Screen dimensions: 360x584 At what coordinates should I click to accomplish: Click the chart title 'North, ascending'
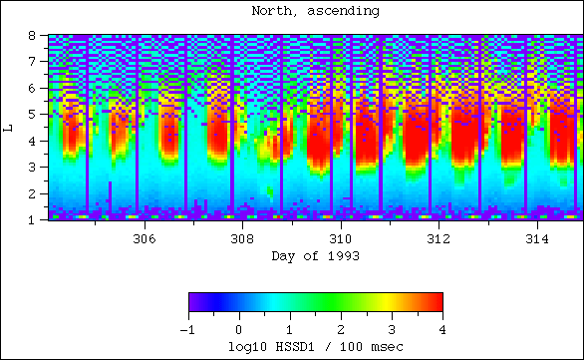pyautogui.click(x=314, y=12)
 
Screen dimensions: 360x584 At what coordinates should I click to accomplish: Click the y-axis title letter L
pyautogui.click(x=8, y=127)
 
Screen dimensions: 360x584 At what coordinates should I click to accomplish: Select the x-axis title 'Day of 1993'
pyautogui.click(x=314, y=256)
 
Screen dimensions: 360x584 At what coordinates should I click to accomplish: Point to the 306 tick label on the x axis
pyautogui.click(x=144, y=239)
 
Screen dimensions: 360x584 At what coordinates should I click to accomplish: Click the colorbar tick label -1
pyautogui.click(x=185, y=329)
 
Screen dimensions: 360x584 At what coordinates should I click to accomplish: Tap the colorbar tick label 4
pyautogui.click(x=441, y=329)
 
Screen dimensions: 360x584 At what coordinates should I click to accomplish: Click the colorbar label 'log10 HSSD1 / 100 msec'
pyautogui.click(x=314, y=345)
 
